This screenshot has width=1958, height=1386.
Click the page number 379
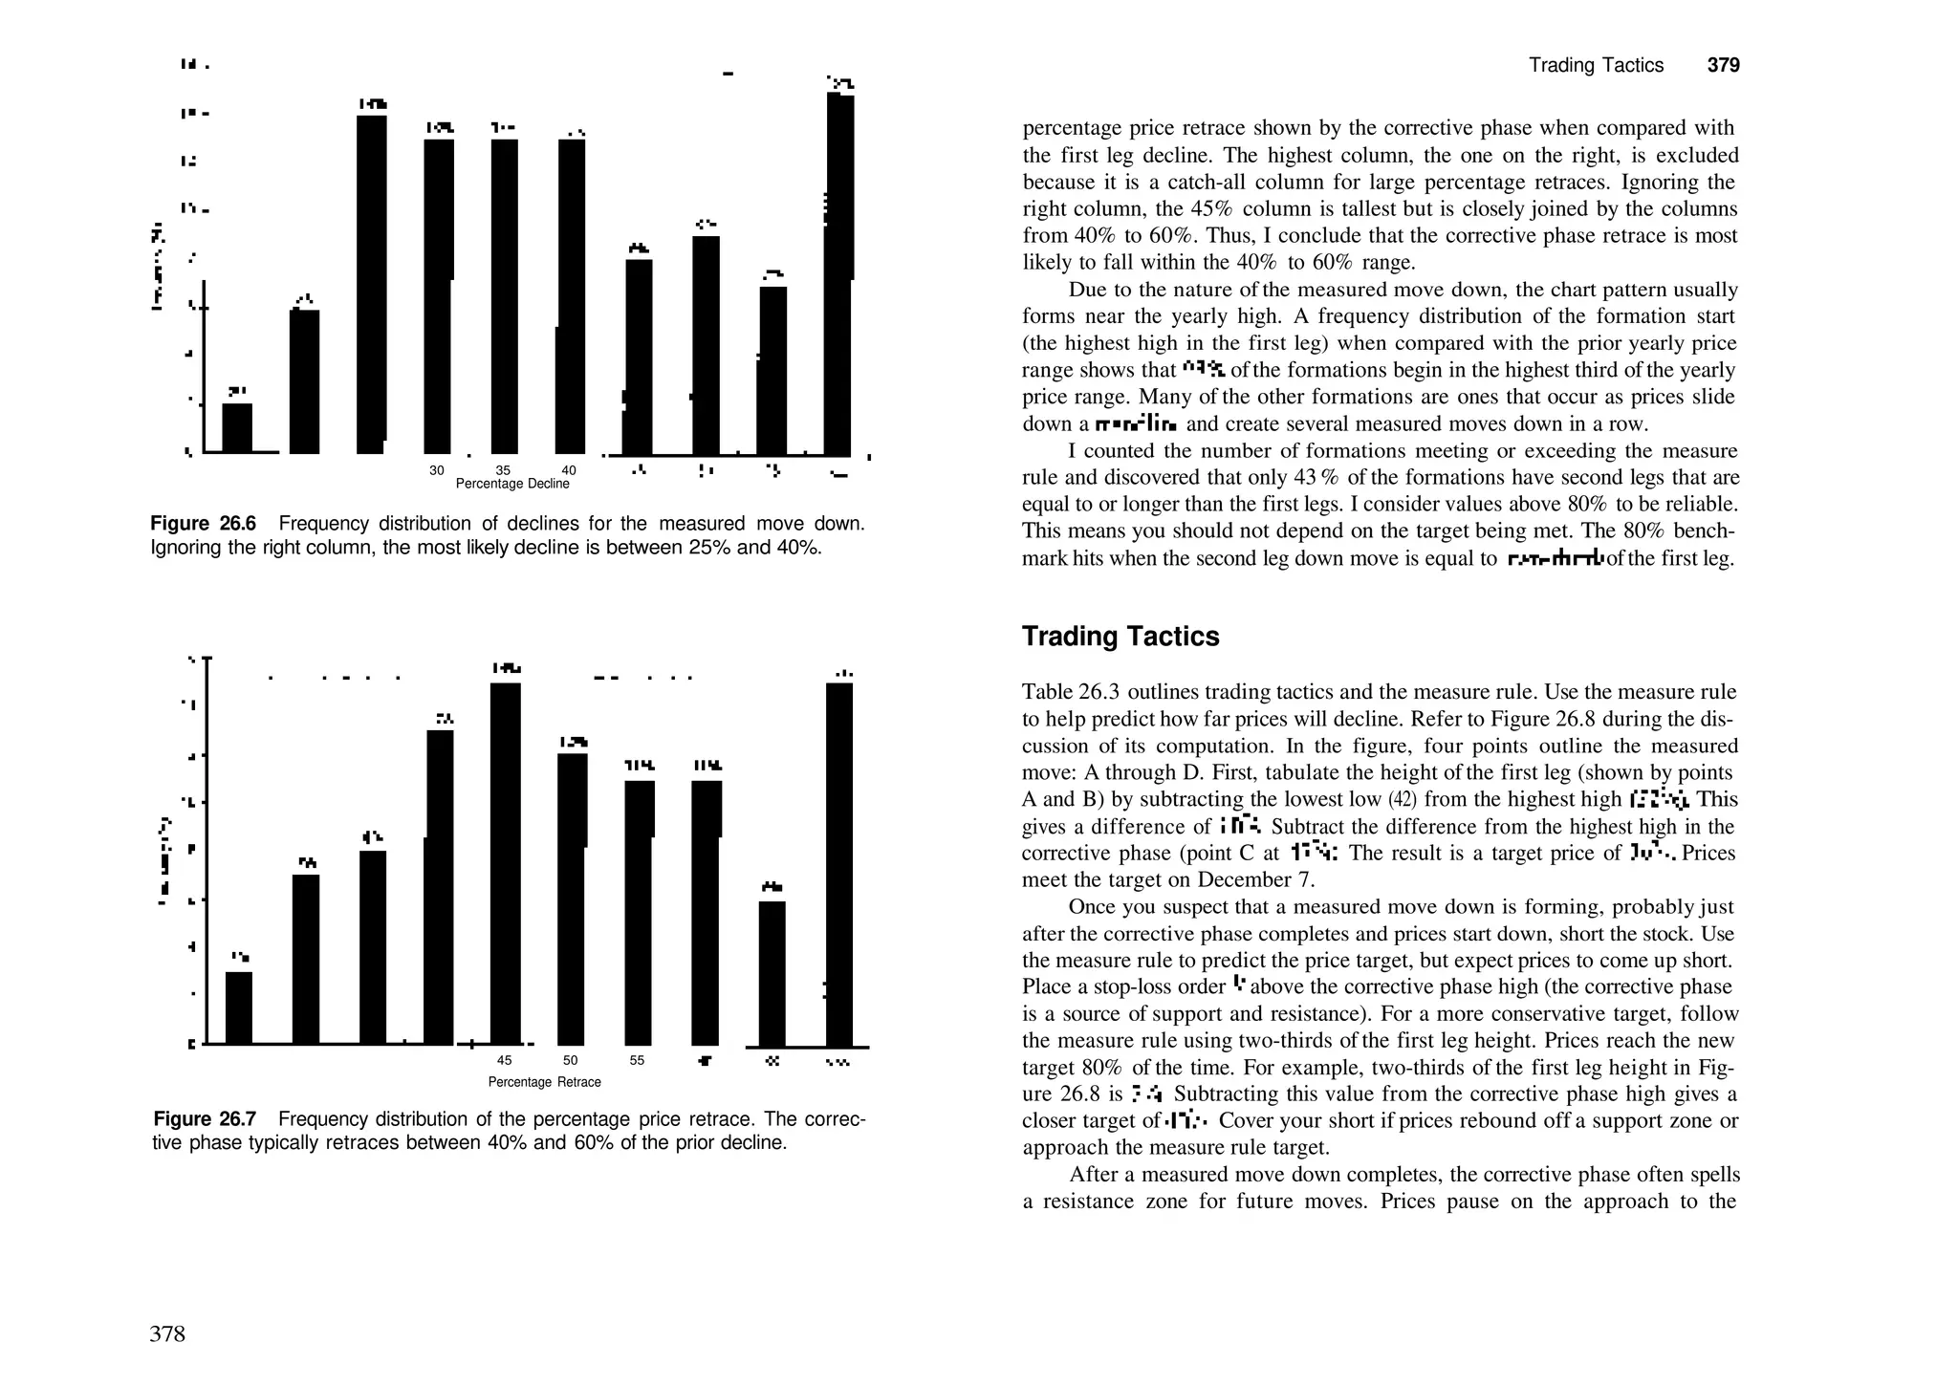point(1723,65)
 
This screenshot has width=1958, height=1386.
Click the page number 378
point(167,1333)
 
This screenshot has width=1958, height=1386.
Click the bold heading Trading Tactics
point(1120,637)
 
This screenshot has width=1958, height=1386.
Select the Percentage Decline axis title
point(512,484)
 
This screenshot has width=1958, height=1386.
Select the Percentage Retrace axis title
point(544,1082)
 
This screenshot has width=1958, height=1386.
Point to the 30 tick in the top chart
point(437,470)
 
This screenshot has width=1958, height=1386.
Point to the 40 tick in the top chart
point(569,470)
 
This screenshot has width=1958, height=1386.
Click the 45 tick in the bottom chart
point(505,1060)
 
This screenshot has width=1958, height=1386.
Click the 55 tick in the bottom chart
point(637,1060)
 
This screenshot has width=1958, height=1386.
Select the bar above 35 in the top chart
point(505,296)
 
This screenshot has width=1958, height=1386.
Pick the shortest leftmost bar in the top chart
point(237,428)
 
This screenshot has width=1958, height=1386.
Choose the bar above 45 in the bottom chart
point(506,860)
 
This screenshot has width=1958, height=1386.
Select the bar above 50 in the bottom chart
point(571,899)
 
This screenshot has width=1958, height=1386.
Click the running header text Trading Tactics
point(1596,65)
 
